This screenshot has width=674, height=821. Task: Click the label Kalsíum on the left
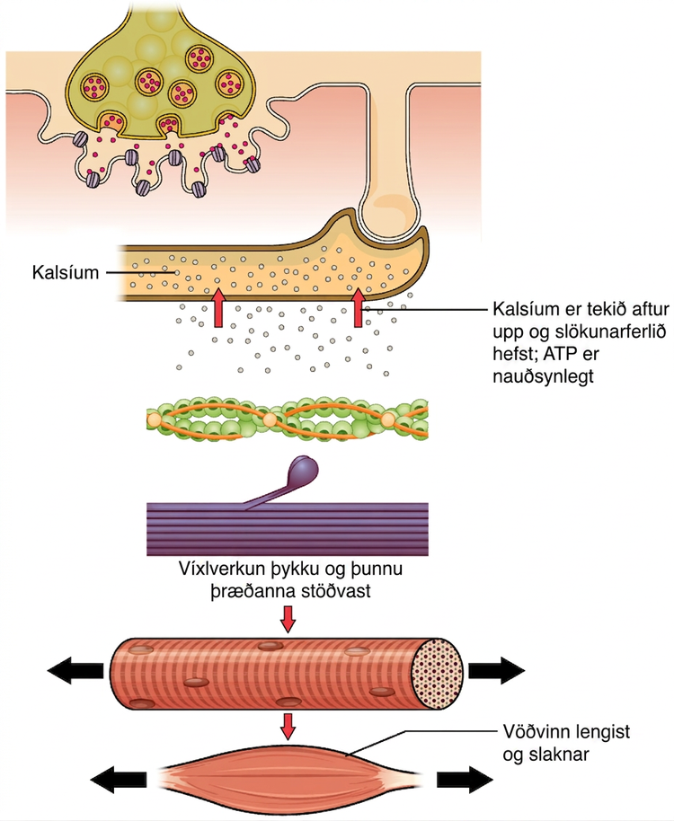(66, 272)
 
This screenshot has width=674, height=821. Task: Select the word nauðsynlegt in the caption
(544, 376)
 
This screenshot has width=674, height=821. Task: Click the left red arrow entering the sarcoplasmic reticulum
(218, 309)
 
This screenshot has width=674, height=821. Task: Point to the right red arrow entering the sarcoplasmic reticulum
(359, 308)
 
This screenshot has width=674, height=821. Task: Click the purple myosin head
(304, 468)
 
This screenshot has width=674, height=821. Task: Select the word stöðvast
(337, 591)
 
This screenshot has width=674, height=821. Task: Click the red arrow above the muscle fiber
(288, 620)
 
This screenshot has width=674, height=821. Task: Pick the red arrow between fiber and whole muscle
(288, 726)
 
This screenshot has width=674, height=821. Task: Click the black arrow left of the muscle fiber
(75, 670)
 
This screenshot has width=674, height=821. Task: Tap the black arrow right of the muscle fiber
(496, 670)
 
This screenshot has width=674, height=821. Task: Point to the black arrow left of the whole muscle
(119, 780)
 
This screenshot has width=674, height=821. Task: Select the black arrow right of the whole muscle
(465, 780)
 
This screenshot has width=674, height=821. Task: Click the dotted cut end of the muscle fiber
(438, 674)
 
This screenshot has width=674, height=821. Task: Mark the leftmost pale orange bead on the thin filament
(154, 419)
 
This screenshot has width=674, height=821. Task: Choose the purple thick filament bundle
(288, 529)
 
